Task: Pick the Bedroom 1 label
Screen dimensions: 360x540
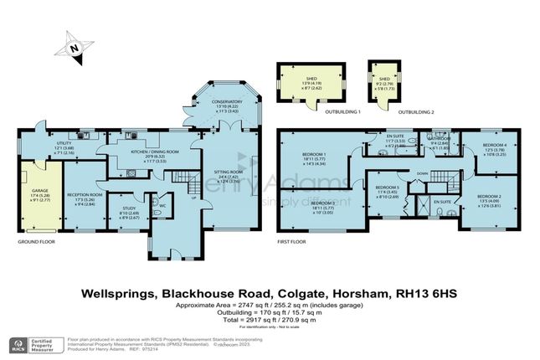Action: coord(315,155)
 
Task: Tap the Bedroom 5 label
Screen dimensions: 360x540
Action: coord(388,188)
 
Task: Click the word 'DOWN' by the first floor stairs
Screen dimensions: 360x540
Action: coord(423,174)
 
